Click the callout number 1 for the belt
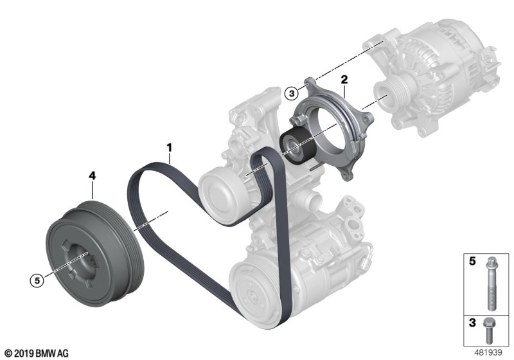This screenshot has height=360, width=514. point(169,148)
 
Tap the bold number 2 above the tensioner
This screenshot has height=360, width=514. point(344,80)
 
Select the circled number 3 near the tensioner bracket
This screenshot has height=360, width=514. point(292,93)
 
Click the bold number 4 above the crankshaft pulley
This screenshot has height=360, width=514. point(93,176)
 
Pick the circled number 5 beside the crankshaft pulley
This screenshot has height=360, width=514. point(37,281)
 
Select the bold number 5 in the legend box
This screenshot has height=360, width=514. point(472,261)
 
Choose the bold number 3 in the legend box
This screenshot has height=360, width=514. point(472,323)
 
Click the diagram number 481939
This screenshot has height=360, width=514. point(488,352)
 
